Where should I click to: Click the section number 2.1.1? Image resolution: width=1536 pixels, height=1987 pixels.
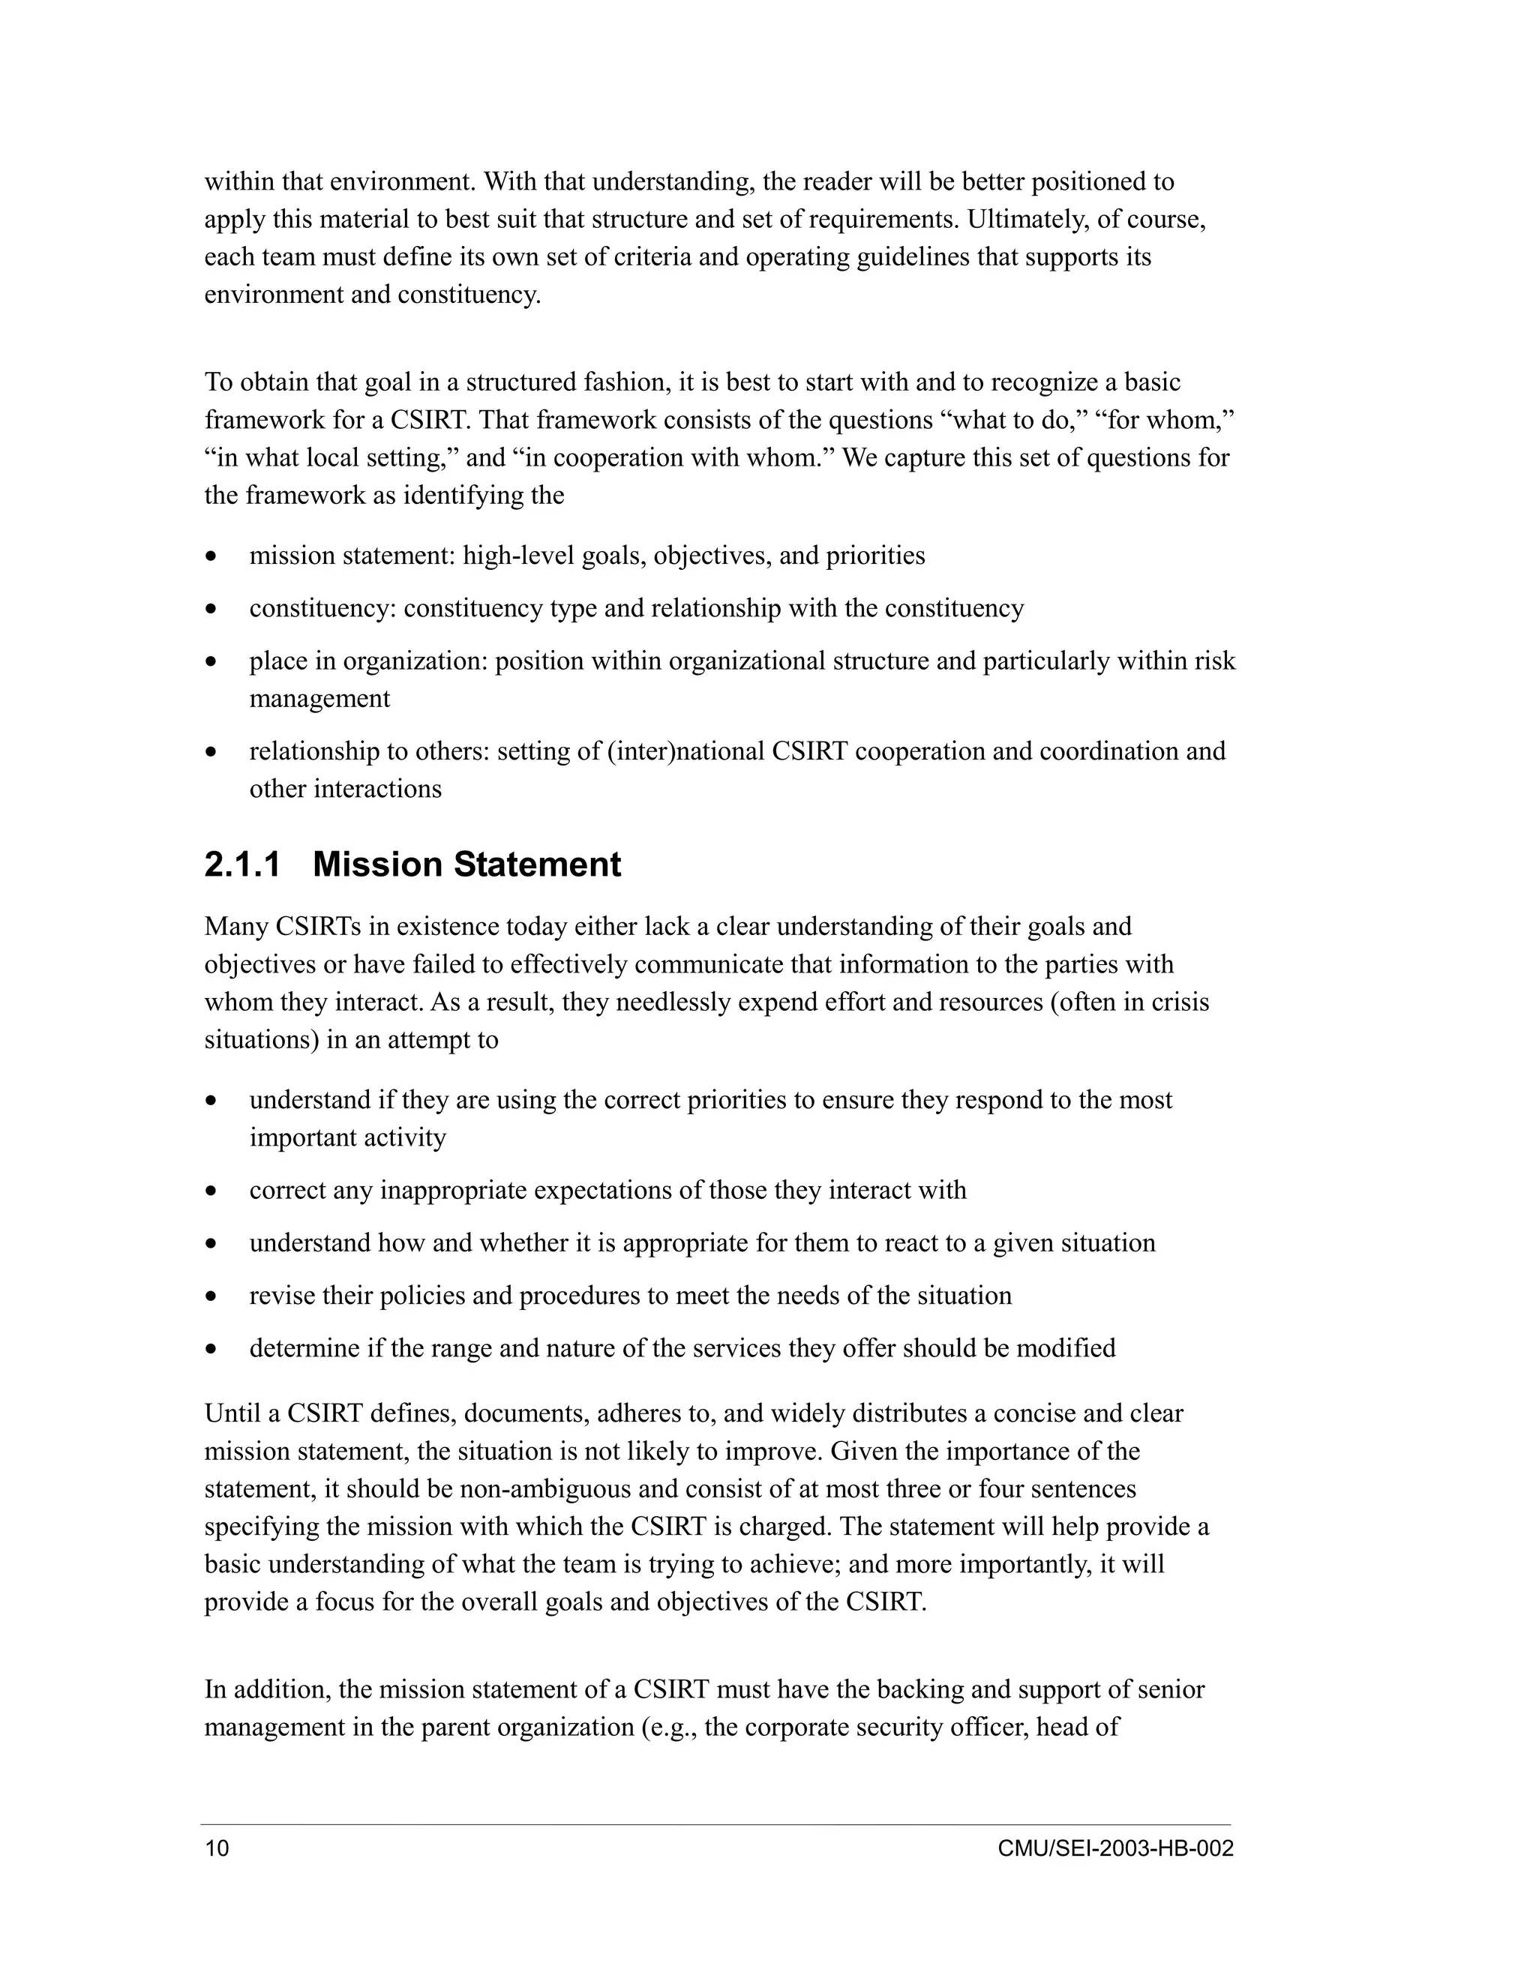coord(242,865)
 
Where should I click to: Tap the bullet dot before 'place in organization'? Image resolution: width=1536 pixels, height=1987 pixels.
coord(211,661)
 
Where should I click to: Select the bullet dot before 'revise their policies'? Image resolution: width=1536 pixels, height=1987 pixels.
coord(211,1296)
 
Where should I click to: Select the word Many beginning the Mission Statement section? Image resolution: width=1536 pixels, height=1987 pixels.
coord(235,926)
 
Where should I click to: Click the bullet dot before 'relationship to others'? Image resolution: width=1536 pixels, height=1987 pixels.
coord(211,752)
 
